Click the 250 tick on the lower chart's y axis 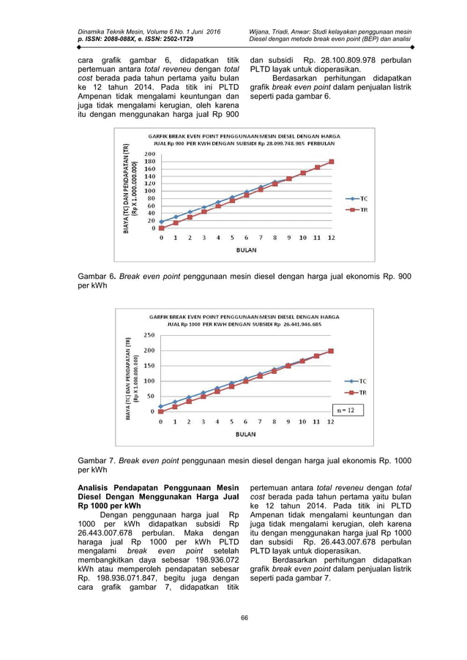[x=148, y=334]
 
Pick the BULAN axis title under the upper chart [x=244, y=249]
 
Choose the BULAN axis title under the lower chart [x=245, y=434]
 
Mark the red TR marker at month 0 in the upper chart [x=161, y=228]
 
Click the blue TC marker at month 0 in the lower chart [x=161, y=406]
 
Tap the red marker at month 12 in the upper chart [x=332, y=162]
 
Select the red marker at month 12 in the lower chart [x=331, y=351]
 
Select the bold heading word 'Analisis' [x=97, y=488]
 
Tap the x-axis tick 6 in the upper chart [x=246, y=237]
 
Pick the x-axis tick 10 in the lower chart [x=302, y=422]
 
